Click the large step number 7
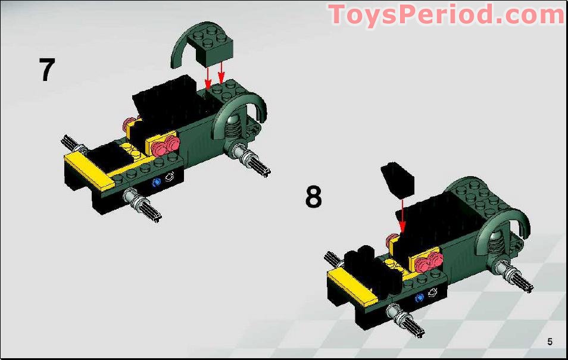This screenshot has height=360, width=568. tap(46, 70)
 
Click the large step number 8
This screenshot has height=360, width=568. tap(313, 197)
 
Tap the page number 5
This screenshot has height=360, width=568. tap(550, 342)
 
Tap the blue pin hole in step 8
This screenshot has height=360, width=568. tap(420, 296)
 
